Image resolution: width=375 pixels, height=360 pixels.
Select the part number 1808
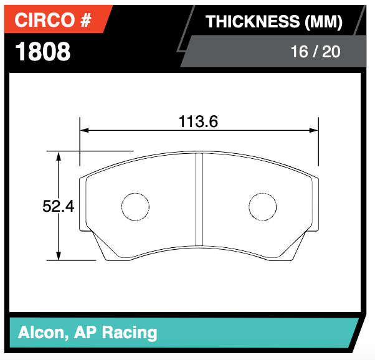[42, 52]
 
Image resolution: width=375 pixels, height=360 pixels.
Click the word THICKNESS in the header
[253, 22]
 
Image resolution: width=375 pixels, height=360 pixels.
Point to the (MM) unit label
[323, 22]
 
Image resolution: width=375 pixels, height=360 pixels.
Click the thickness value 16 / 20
[315, 51]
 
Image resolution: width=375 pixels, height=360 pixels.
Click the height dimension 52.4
[58, 206]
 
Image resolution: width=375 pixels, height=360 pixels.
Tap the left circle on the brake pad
[135, 206]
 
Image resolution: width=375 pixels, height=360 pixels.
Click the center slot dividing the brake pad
[199, 199]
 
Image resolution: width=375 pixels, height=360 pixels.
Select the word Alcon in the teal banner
[39, 332]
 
